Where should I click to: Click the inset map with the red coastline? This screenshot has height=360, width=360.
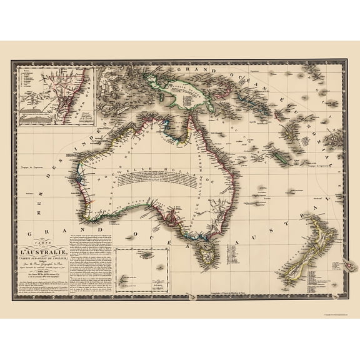(x=55, y=97)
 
